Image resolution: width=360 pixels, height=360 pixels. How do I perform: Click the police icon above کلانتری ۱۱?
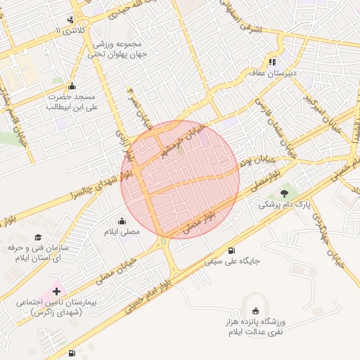pyautogui.click(x=70, y=20)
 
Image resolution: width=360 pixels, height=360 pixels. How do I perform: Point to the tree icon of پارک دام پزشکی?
pyautogui.click(x=284, y=193)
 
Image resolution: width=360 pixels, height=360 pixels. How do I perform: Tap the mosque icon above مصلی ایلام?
pyautogui.click(x=122, y=221)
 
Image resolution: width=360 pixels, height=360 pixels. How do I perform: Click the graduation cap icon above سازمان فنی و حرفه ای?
pyautogui.click(x=38, y=238)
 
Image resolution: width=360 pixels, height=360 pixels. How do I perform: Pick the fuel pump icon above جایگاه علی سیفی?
pyautogui.click(x=231, y=250)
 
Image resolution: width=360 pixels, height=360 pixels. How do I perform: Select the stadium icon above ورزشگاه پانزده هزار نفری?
pyautogui.click(x=255, y=310)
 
